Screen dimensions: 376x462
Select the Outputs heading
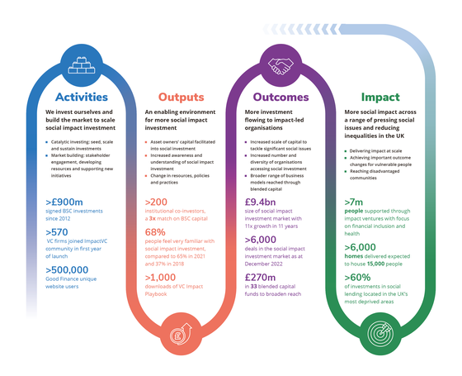point(180,96)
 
